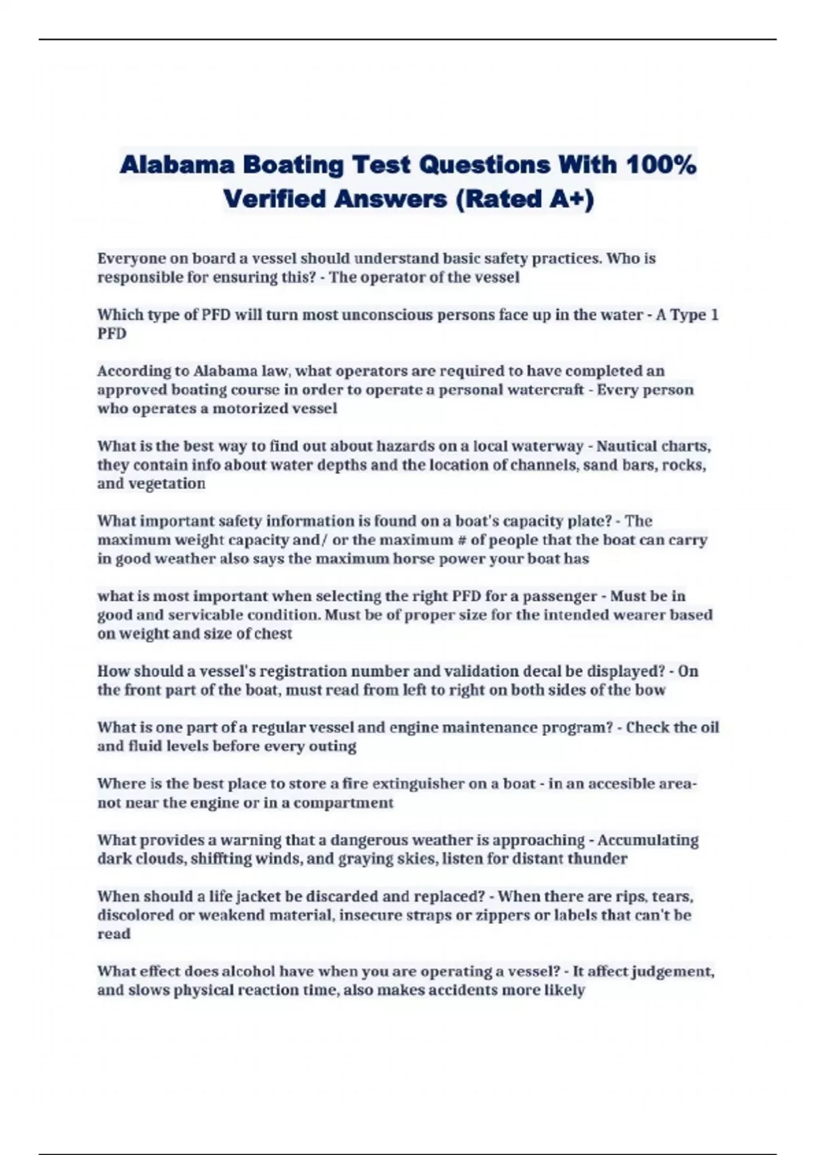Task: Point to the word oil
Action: pos(709,728)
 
